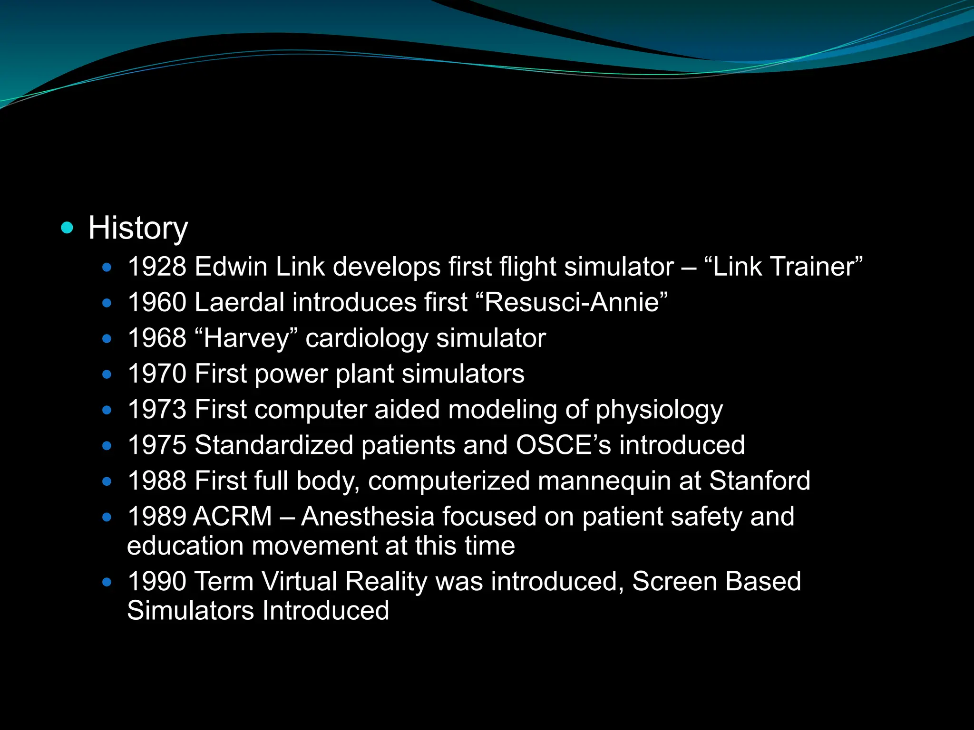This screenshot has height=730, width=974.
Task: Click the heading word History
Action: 138,229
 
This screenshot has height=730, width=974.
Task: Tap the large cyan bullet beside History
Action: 68,228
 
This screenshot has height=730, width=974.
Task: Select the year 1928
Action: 157,267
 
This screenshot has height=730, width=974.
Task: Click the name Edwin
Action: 231,267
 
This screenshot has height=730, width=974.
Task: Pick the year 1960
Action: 157,302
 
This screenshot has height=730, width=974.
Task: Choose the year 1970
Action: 157,374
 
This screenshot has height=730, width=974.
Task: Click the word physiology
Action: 659,410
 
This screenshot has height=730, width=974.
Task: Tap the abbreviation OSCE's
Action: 564,445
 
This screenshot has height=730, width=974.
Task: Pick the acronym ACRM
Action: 233,517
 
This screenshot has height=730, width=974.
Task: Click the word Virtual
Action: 299,581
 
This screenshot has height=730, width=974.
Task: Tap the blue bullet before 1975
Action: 107,446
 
